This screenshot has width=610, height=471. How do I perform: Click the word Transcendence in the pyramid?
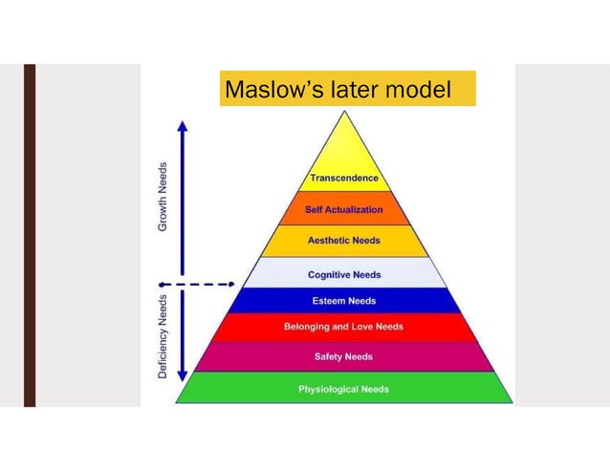(343, 178)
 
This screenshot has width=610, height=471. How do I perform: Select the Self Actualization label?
(343, 209)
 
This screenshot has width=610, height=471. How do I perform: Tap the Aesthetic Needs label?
(343, 241)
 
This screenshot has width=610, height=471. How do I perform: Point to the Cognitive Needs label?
(343, 275)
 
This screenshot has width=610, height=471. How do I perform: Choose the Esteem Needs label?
(343, 301)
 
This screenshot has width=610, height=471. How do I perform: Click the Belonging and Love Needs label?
(343, 327)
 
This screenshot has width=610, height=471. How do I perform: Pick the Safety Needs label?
(343, 357)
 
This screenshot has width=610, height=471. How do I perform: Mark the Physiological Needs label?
(343, 389)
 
